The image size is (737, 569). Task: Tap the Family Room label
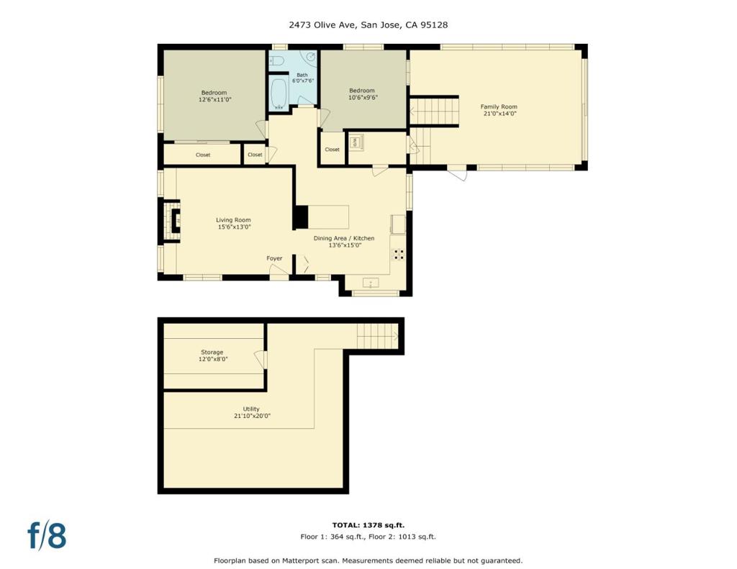499,110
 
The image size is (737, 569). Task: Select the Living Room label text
234,223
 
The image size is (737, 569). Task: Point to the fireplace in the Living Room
172,220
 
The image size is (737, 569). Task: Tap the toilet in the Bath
276,60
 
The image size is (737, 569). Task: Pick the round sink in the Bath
311,57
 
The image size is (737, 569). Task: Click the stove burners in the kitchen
399,254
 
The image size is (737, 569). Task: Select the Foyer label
274,258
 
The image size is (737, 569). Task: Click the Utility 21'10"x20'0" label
252,412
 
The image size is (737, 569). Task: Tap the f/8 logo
47,536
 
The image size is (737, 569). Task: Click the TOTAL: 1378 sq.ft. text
368,525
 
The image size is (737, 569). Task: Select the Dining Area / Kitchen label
344,242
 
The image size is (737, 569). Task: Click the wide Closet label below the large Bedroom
202,155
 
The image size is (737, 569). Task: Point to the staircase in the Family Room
434,111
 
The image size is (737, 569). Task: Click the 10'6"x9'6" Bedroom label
362,94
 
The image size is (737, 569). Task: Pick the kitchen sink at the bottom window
371,283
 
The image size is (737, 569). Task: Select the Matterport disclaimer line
368,560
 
